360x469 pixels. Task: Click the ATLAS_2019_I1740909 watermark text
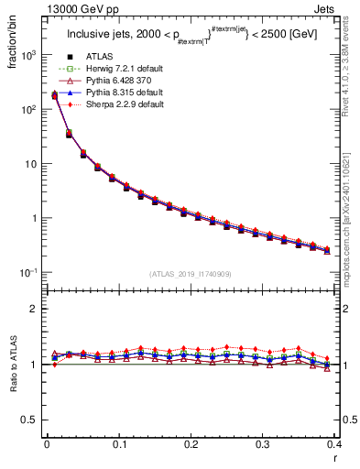(x=191, y=273)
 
